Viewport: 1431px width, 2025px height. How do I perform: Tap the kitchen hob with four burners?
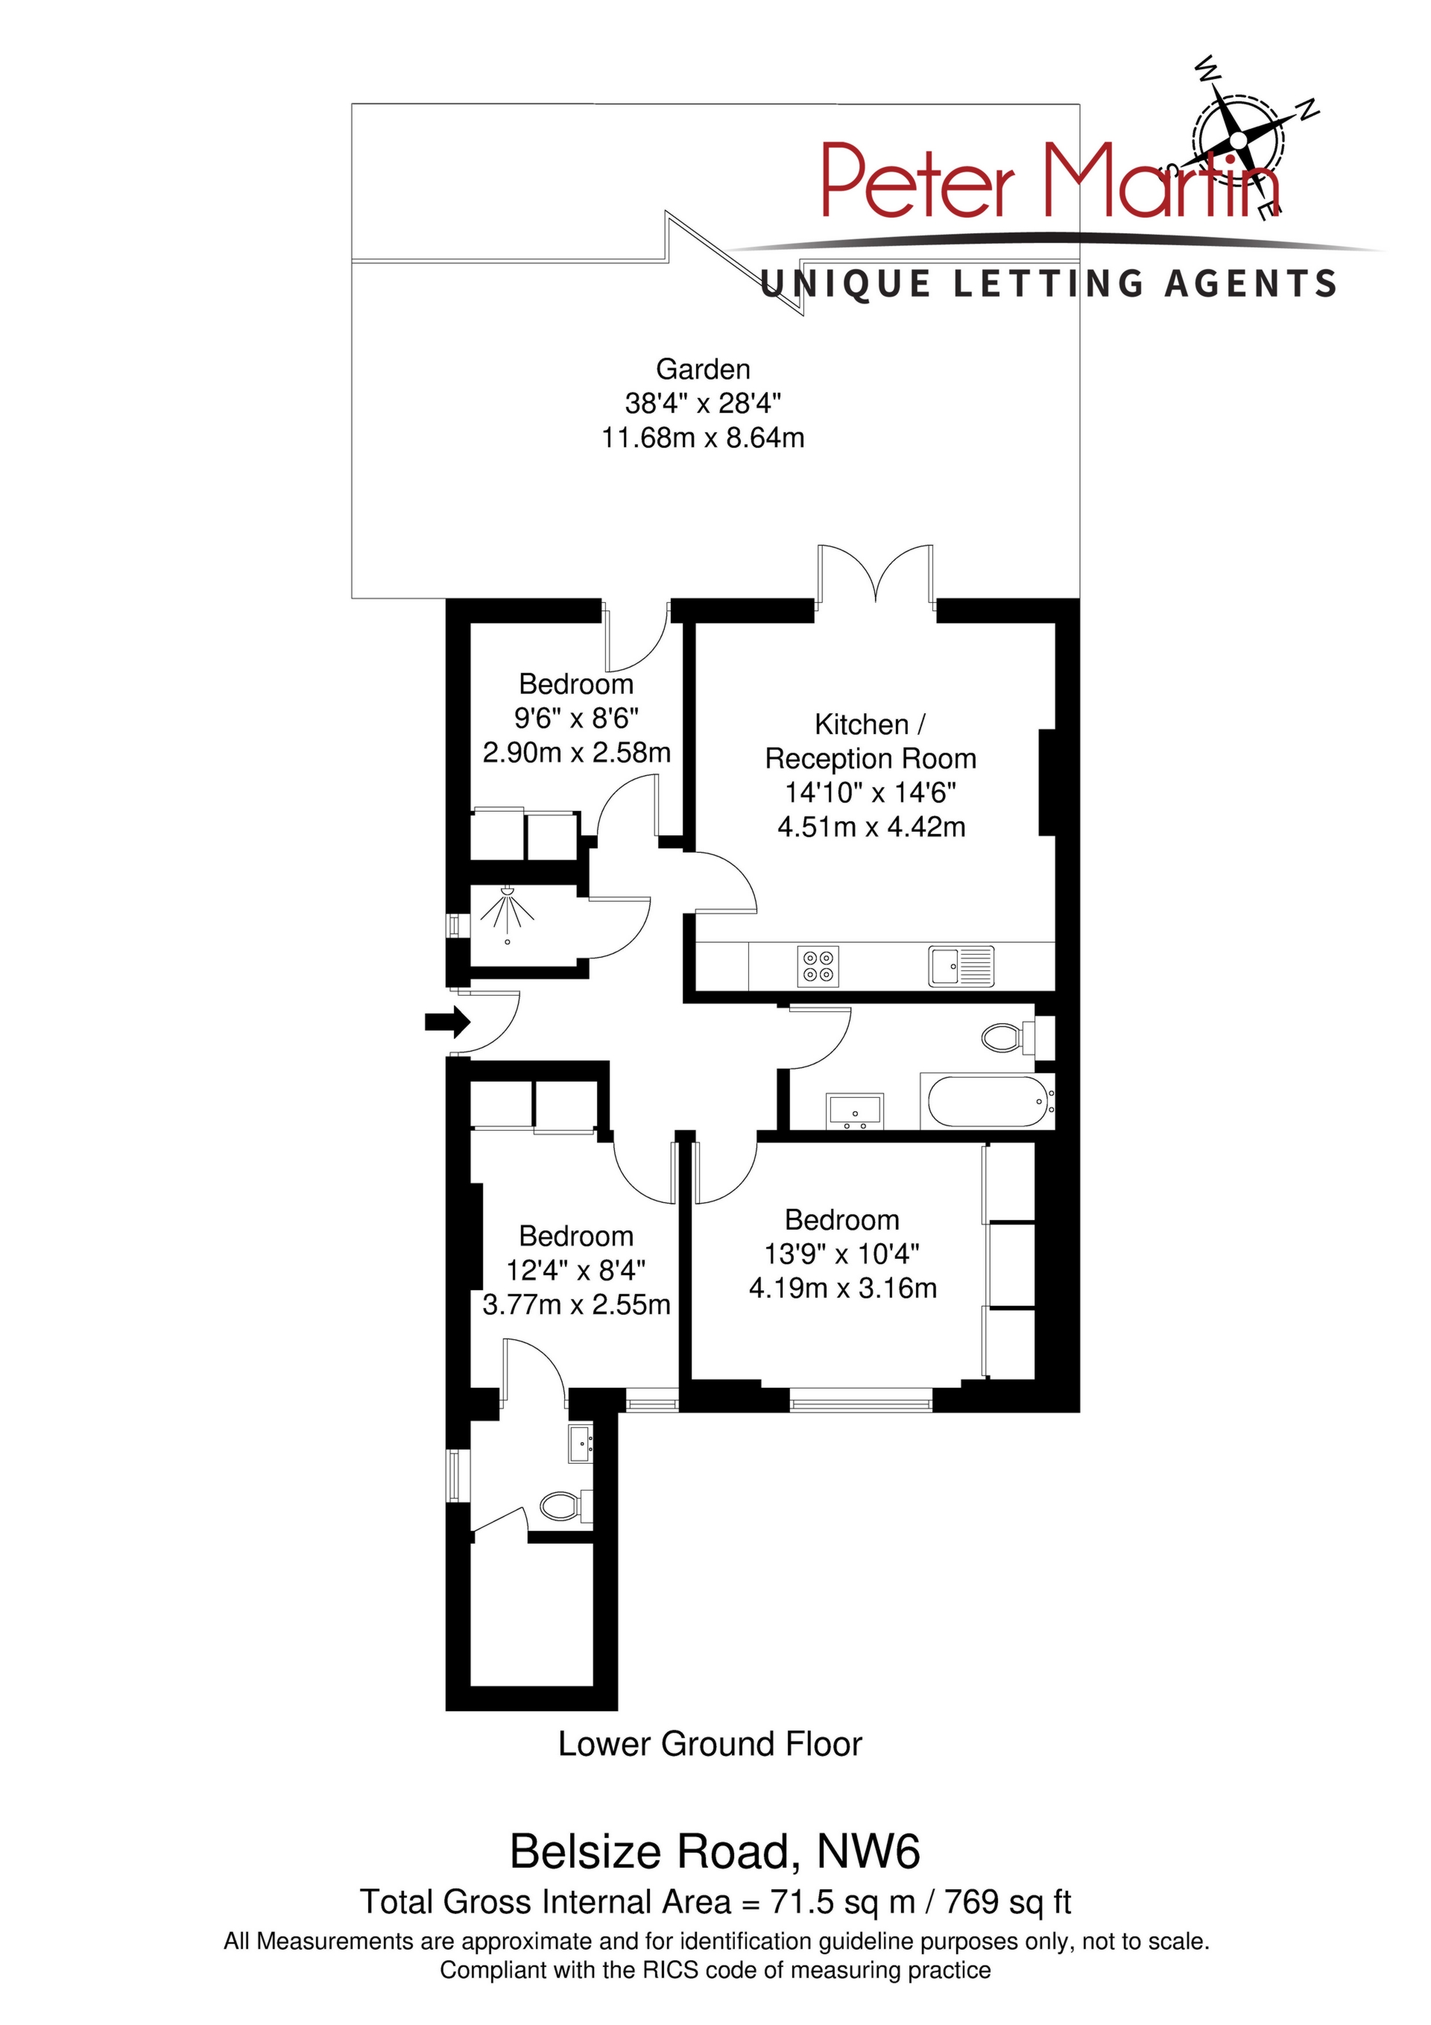(818, 966)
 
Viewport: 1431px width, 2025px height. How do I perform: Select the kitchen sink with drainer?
(961, 966)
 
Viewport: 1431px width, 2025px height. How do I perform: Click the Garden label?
(703, 369)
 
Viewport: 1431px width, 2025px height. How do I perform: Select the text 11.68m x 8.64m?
(703, 438)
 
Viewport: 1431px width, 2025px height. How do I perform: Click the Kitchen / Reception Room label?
(870, 741)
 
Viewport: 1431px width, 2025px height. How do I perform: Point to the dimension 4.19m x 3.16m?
(842, 1289)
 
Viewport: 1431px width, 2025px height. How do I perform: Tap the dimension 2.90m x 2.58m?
(576, 752)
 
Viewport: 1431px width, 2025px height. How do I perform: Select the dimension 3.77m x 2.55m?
(576, 1304)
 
